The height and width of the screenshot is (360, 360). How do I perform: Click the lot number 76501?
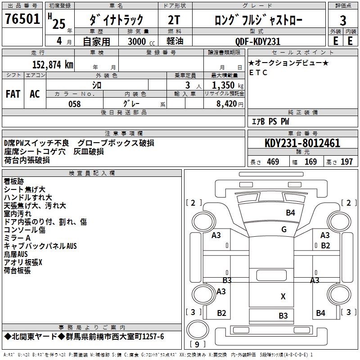tap(22, 19)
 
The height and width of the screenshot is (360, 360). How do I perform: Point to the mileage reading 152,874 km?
tap(53, 65)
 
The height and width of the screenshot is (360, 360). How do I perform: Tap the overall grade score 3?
tap(343, 20)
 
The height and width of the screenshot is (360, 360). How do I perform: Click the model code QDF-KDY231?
tap(258, 41)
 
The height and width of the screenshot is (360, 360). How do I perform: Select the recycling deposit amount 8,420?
tap(226, 104)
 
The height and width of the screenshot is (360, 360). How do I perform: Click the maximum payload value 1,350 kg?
tap(225, 85)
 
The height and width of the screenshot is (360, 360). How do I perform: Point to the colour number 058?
tap(74, 104)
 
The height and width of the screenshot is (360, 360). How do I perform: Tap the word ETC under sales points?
tap(258, 72)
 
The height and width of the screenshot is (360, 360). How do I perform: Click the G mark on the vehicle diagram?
tap(284, 229)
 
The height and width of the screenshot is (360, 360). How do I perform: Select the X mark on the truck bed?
tap(283, 296)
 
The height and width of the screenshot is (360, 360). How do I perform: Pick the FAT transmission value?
tap(13, 94)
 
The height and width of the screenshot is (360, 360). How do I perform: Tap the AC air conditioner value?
tap(35, 94)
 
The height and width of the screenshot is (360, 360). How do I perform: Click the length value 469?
tap(273, 162)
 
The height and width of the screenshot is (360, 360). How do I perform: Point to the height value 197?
tap(346, 162)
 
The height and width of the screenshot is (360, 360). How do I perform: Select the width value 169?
tap(310, 162)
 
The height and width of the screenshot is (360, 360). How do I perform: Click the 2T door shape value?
tap(175, 20)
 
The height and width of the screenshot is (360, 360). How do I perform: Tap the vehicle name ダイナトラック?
tap(116, 20)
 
